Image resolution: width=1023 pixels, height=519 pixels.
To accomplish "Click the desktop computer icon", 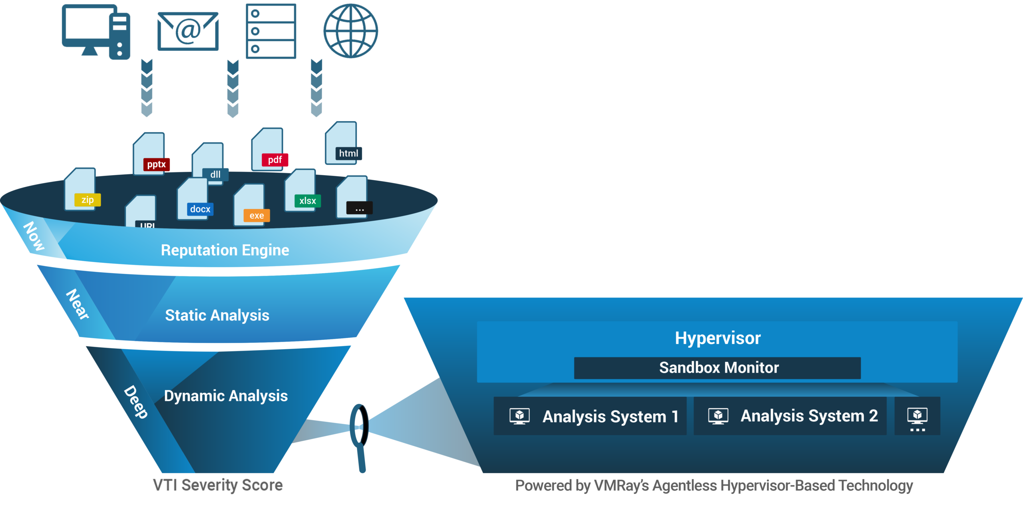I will tap(96, 32).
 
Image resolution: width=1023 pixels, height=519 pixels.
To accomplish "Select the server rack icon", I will tap(271, 31).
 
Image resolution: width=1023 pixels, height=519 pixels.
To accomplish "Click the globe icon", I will tap(350, 31).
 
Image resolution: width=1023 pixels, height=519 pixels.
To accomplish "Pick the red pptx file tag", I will tap(156, 164).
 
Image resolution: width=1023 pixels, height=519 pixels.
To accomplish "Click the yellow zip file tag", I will tap(88, 200).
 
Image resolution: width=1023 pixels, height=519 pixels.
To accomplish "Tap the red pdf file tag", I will tap(275, 160).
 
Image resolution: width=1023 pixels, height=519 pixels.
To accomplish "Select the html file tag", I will tap(348, 154).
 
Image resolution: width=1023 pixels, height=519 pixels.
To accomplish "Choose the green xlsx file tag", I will tap(308, 201).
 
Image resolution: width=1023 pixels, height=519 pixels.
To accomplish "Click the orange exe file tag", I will tap(257, 216).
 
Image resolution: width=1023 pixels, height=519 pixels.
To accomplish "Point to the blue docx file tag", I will tap(200, 209).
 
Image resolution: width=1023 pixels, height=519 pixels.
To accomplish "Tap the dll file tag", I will tap(215, 174).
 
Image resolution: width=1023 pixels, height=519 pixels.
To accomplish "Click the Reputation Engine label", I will tap(225, 250).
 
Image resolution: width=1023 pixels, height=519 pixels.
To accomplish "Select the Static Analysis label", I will tap(217, 315).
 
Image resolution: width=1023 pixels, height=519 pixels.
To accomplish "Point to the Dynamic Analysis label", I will tap(226, 396).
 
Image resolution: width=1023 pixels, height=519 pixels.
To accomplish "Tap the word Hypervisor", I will tap(718, 338).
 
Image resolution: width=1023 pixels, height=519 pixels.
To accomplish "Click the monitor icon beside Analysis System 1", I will tap(519, 416).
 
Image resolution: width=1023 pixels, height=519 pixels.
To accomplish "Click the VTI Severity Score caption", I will tap(218, 485).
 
